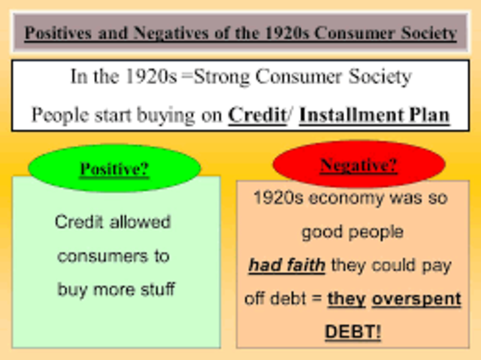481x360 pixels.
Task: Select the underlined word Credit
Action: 256,116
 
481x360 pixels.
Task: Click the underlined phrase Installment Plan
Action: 374,116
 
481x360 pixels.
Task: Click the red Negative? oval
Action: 358,165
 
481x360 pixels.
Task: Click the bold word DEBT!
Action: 352,331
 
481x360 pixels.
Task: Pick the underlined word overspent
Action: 416,298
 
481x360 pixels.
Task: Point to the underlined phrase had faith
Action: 287,265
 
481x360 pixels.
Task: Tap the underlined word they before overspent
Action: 346,298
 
